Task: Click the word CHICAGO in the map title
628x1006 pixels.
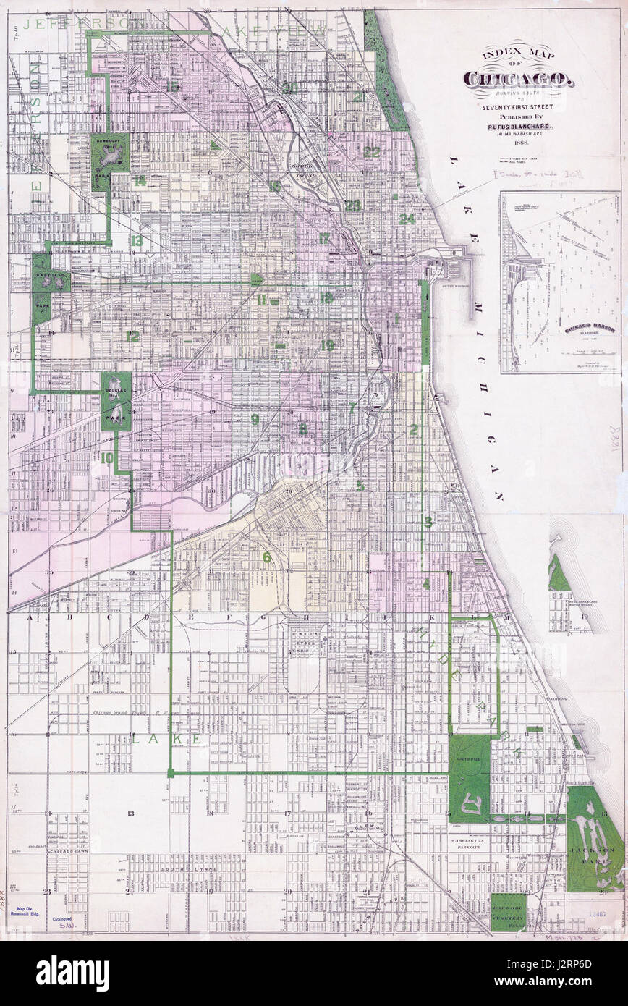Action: tap(519, 79)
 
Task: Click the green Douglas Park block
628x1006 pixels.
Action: tap(116, 401)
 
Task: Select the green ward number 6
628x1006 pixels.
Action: tap(266, 557)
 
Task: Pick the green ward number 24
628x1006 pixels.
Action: tap(407, 219)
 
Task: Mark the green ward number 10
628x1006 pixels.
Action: tap(107, 457)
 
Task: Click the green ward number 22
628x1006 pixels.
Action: tap(371, 152)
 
